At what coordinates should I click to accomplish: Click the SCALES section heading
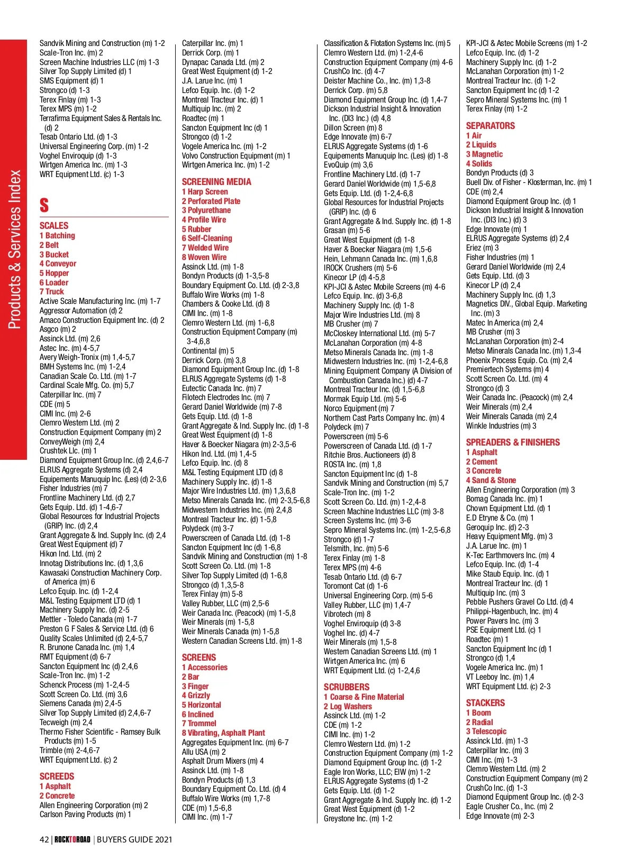point(54,226)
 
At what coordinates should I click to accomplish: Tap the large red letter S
point(44,205)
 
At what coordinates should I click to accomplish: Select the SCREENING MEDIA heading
point(216,182)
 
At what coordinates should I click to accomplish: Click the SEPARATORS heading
point(490,126)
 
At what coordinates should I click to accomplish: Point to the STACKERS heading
point(485,703)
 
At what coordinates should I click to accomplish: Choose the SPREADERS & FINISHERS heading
point(512,442)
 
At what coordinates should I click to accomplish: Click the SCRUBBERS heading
point(347,687)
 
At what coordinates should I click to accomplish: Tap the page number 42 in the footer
point(44,839)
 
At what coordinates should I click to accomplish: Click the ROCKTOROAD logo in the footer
point(72,839)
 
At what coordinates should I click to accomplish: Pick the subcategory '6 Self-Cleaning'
point(207,238)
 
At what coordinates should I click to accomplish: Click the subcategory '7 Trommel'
point(199,724)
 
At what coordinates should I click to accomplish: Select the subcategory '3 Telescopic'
point(486,731)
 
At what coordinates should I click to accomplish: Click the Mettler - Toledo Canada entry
point(88,619)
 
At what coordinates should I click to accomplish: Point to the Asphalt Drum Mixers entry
point(223,761)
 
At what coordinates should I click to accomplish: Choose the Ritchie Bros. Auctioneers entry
point(369,455)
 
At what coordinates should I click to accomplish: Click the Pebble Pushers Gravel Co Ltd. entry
point(519,602)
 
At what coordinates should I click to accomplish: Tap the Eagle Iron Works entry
point(377,772)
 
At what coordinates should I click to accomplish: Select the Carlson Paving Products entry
point(85,814)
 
